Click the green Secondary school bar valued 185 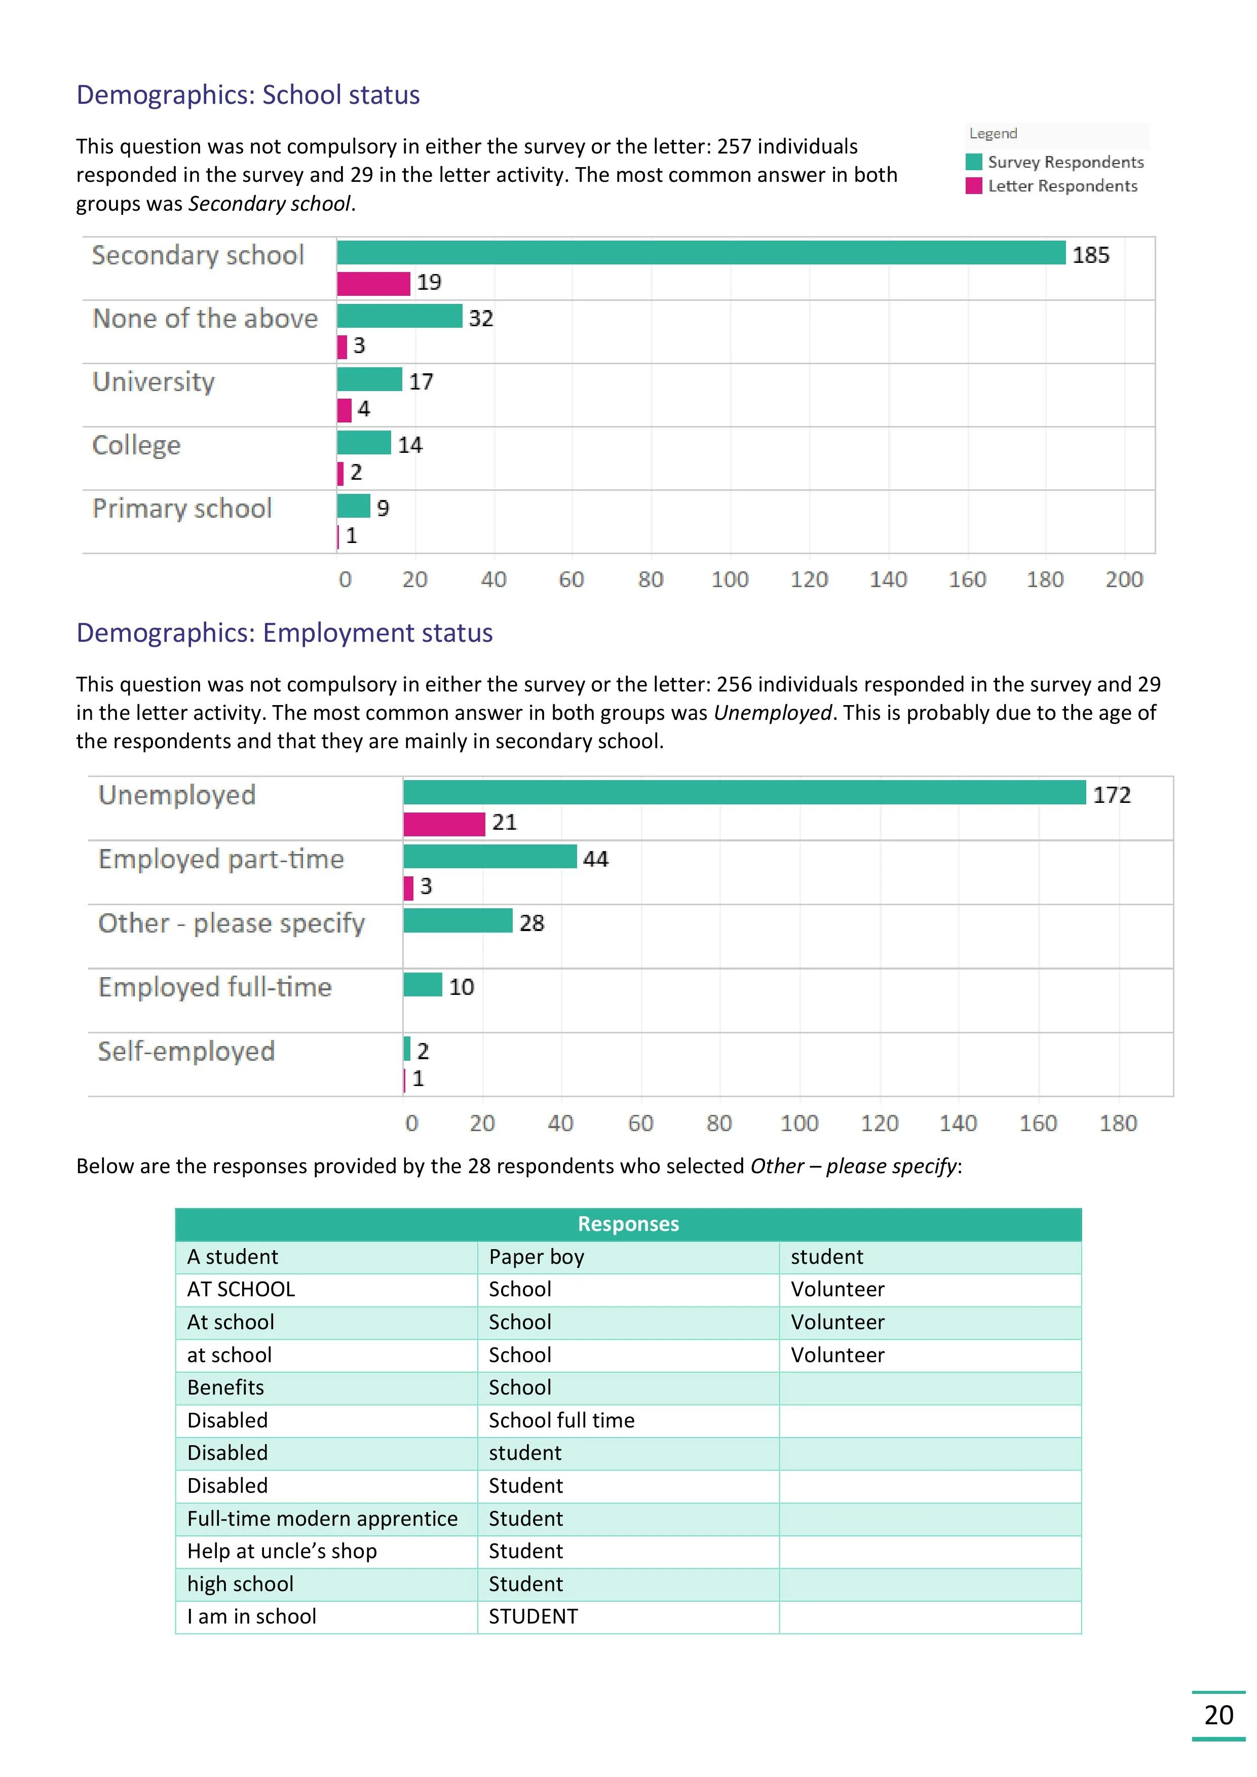pyautogui.click(x=701, y=253)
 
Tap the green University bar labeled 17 pyautogui.click(x=369, y=379)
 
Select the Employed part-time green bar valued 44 pyautogui.click(x=489, y=857)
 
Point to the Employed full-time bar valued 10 pyautogui.click(x=423, y=985)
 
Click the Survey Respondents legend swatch pyautogui.click(x=974, y=162)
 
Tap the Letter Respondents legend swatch pyautogui.click(x=974, y=186)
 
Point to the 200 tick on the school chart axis pyautogui.click(x=1124, y=579)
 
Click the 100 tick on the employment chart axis pyautogui.click(x=799, y=1123)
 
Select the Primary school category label pyautogui.click(x=182, y=509)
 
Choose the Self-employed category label pyautogui.click(x=186, y=1051)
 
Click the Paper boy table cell pyautogui.click(x=537, y=1257)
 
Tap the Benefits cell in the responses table pyautogui.click(x=225, y=1387)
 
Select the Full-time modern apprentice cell pyautogui.click(x=322, y=1519)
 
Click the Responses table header pyautogui.click(x=628, y=1224)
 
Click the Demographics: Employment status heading pyautogui.click(x=284, y=633)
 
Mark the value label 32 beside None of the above pyautogui.click(x=481, y=318)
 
